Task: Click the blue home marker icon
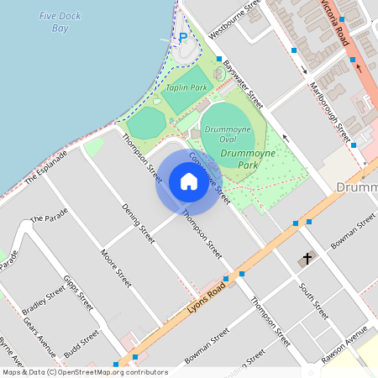pyautogui.click(x=188, y=181)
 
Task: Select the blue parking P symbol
pyautogui.click(x=183, y=37)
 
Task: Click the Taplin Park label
pyautogui.click(x=186, y=87)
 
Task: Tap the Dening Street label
pyautogui.click(x=139, y=223)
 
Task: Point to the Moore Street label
pyautogui.click(x=116, y=266)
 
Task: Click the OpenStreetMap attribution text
pyautogui.click(x=86, y=372)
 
